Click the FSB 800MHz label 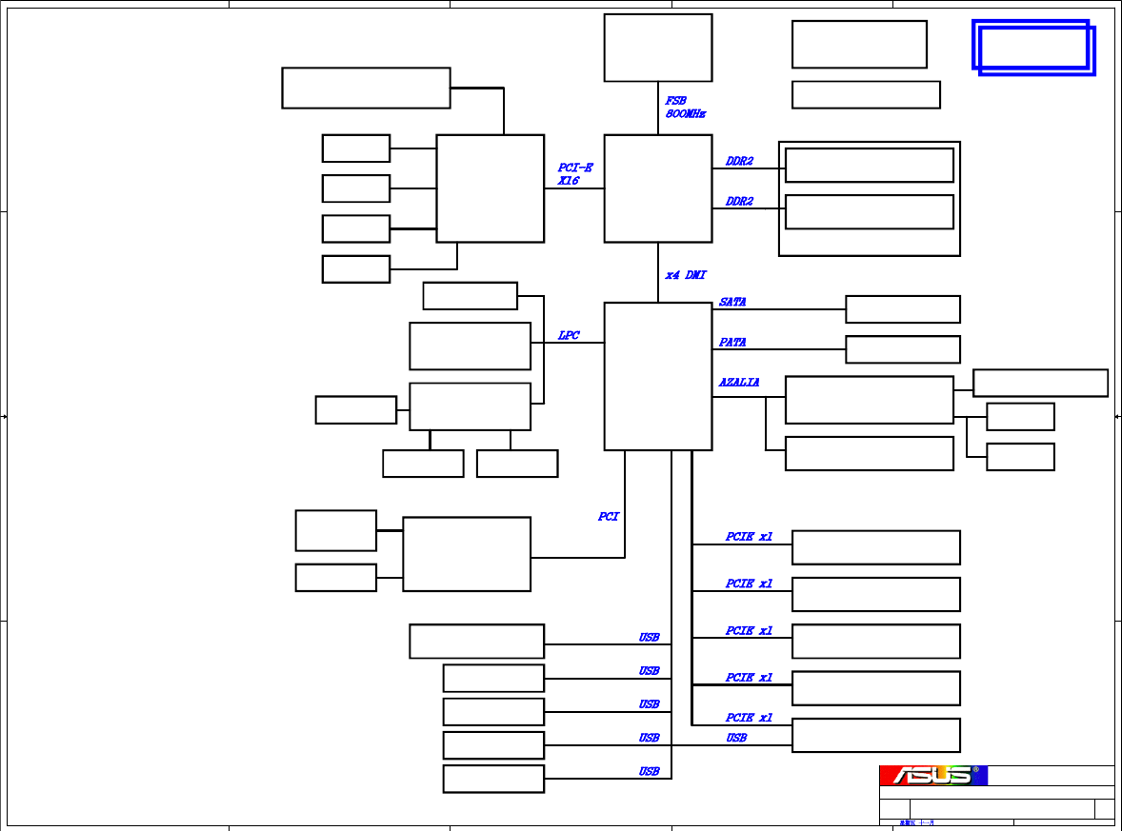[685, 107]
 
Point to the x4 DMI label [686, 275]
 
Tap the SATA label [732, 302]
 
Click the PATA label [732, 342]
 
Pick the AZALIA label [739, 383]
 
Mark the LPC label [569, 336]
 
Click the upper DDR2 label [739, 162]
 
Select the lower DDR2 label [739, 202]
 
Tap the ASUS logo [933, 776]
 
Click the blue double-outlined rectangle [1033, 47]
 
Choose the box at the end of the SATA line [902, 309]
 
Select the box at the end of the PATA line [902, 349]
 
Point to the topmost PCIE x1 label [749, 537]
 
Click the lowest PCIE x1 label [749, 718]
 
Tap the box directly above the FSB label [658, 48]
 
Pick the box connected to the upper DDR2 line [869, 165]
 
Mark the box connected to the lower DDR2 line [869, 212]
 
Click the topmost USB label [649, 638]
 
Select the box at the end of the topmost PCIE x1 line [875, 547]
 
